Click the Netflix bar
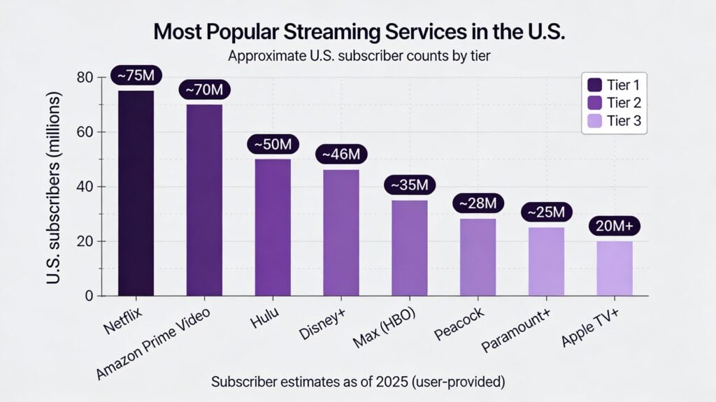click(136, 193)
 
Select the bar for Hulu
click(273, 227)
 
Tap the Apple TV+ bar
click(615, 268)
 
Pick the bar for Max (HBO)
click(409, 247)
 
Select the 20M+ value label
click(615, 227)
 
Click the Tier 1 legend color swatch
click(595, 85)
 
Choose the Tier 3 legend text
click(624, 122)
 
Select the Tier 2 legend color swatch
click(595, 103)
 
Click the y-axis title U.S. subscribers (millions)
click(57, 187)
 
